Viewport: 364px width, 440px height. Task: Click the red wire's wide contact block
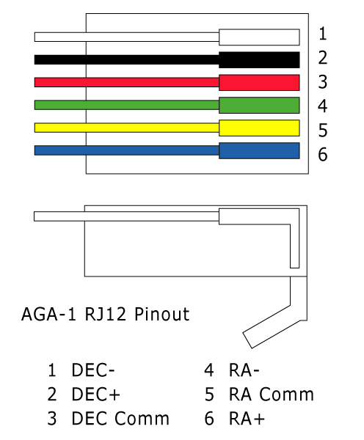coord(259,82)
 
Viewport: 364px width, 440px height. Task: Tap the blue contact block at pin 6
coord(259,150)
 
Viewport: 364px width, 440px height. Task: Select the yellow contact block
coord(259,128)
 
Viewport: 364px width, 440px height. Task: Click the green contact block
coord(259,105)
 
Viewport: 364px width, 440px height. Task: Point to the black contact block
coord(259,60)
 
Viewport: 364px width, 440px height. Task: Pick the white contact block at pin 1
coord(259,37)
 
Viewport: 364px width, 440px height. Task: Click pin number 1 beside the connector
coord(323,34)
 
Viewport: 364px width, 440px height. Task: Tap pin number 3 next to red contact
coord(323,82)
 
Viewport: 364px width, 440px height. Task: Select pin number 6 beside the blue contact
coord(323,154)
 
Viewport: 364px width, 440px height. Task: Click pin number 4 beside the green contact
coord(323,106)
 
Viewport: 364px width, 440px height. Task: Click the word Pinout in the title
coord(161,314)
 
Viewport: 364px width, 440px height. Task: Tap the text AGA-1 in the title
coord(48,314)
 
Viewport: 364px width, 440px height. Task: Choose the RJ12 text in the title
coord(106,314)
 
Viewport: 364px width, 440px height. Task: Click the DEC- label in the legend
coord(93,370)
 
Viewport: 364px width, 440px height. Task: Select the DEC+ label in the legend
coord(96,394)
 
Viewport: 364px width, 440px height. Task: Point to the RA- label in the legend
coord(244,370)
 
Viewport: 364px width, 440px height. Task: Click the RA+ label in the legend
coord(247,419)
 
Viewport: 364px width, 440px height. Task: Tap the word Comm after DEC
coord(142,419)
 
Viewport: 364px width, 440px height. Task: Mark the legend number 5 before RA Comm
coord(209,395)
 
